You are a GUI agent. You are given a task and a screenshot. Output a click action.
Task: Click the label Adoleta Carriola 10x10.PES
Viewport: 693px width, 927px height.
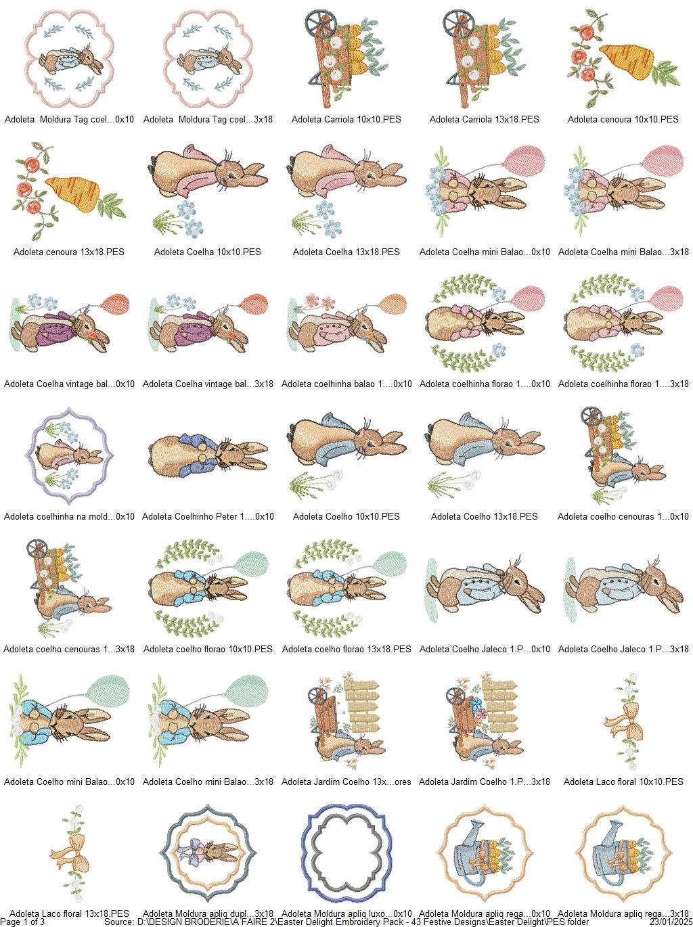346,119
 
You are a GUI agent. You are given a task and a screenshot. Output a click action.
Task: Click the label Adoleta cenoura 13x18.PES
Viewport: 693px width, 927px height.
69,252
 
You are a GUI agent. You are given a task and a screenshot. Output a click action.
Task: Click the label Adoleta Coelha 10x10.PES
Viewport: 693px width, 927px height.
207,252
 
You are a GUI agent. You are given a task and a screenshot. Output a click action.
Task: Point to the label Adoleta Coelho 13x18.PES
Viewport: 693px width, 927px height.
485,516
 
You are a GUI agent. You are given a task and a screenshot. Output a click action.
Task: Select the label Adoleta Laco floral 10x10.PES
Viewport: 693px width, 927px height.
623,782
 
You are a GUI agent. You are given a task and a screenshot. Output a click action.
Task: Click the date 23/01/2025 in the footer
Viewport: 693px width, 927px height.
670,922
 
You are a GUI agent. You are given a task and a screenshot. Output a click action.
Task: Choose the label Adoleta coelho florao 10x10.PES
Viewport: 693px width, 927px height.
208,649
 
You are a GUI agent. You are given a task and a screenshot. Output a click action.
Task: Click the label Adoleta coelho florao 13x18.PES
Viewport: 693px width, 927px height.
346,649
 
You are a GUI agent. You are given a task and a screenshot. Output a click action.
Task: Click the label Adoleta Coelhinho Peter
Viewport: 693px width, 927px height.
208,516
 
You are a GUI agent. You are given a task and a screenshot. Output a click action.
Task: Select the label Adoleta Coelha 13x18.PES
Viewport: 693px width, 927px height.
346,252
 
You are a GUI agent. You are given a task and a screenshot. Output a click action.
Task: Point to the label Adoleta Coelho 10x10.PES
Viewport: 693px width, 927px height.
346,516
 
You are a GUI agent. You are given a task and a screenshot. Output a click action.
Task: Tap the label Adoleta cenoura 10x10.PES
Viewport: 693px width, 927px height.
623,119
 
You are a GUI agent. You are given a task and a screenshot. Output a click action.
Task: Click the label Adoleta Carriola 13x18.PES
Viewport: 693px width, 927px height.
485,119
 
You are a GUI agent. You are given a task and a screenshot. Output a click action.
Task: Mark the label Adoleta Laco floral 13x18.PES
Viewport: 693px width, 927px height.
69,914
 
